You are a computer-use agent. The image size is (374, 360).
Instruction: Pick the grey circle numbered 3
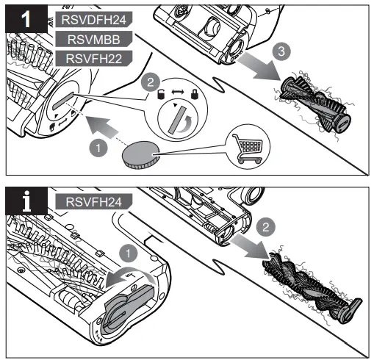pyautogui.click(x=277, y=52)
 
